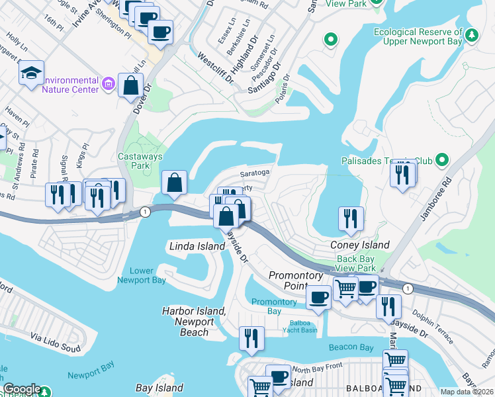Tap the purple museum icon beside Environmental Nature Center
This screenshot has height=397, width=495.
pyautogui.click(x=109, y=84)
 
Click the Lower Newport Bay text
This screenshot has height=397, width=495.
pyautogui.click(x=142, y=275)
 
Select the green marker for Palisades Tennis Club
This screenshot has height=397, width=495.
pyautogui.click(x=443, y=160)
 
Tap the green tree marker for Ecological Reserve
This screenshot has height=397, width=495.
pyautogui.click(x=471, y=34)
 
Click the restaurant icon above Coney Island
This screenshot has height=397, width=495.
pyautogui.click(x=351, y=218)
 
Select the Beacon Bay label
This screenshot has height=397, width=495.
pyautogui.click(x=353, y=347)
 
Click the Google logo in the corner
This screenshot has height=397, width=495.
pyautogui.click(x=21, y=390)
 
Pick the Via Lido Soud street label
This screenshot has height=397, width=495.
pyautogui.click(x=56, y=347)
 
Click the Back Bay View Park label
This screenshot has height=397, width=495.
pyautogui.click(x=356, y=264)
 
